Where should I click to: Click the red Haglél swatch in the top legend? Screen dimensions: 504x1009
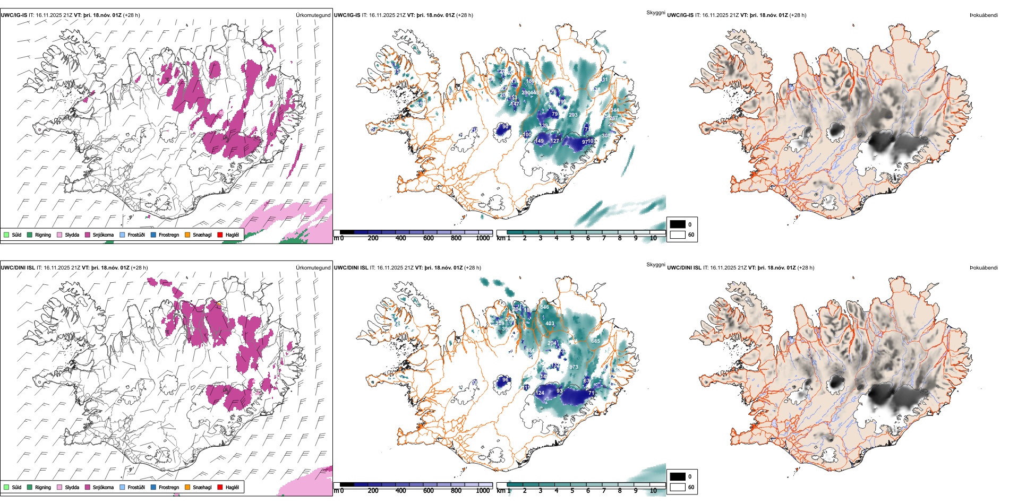point(220,234)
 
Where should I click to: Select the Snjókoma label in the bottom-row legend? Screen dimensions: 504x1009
point(103,487)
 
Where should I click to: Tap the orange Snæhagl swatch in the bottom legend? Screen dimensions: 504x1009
point(187,487)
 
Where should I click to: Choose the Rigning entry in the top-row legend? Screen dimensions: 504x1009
point(43,234)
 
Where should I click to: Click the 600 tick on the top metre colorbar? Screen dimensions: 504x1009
point(429,238)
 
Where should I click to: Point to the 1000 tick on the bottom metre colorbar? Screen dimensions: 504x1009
point(483,491)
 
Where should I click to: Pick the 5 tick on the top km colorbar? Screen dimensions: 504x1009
point(572,238)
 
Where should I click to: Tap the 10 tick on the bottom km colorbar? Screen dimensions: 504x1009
point(653,491)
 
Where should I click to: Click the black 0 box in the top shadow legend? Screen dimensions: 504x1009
point(678,224)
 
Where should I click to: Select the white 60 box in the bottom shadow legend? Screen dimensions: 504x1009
point(678,487)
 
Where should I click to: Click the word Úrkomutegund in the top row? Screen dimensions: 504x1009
point(313,15)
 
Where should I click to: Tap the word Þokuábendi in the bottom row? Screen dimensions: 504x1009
point(984,268)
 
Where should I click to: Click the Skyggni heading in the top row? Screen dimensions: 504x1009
point(655,12)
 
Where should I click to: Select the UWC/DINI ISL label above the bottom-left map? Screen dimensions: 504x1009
point(18,268)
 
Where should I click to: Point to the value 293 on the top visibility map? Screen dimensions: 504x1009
point(573,115)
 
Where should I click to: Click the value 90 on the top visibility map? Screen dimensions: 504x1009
point(506,126)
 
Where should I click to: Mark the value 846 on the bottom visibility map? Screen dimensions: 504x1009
point(544,307)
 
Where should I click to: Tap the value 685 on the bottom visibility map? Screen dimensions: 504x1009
point(595,341)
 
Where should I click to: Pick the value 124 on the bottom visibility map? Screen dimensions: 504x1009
point(540,393)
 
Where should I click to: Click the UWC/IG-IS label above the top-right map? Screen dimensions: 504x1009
point(680,15)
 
